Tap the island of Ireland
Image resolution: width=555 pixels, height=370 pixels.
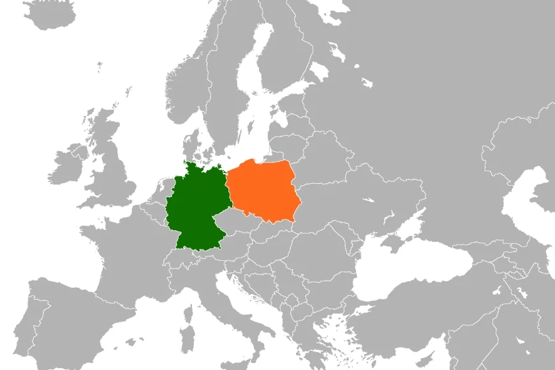[x=67, y=166]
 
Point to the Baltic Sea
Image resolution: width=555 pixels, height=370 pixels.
[x=255, y=128]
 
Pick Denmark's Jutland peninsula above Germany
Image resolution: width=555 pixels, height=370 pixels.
[x=191, y=144]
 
